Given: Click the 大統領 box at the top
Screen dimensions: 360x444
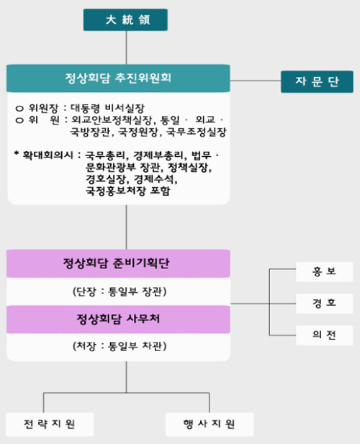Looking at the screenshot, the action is tap(125, 20).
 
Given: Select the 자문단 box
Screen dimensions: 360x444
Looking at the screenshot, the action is tap(317, 81).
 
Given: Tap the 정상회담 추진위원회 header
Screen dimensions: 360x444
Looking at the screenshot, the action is tap(118, 78).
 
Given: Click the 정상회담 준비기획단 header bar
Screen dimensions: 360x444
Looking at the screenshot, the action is tap(118, 263).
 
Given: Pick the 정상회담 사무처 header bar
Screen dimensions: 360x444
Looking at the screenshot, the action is tap(118, 320).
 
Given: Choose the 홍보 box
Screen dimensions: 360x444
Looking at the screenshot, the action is tap(324, 272).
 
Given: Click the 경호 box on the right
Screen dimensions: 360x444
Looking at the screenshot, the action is tap(324, 304).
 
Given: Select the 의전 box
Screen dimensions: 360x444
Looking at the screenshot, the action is tap(324, 335).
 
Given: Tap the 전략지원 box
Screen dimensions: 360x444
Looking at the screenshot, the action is tap(50, 424).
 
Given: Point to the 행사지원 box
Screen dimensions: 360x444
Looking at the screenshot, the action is tap(210, 424).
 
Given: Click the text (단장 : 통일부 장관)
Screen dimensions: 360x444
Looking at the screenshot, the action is tap(120, 291).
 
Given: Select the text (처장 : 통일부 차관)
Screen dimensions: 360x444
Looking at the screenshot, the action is tap(120, 346).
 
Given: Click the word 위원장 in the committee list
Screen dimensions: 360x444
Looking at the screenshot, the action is tap(43, 108).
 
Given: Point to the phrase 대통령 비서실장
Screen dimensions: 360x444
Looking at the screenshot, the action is tap(107, 108).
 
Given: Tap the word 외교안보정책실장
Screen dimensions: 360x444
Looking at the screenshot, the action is tap(112, 120).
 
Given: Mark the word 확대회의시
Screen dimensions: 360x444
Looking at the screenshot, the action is tap(48, 155).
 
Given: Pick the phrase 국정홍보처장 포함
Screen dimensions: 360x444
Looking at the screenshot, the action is tap(127, 191).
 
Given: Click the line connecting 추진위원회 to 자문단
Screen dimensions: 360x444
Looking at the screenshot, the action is tap(255, 81).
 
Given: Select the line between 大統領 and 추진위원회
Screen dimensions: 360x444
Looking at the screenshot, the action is tap(126, 47).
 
